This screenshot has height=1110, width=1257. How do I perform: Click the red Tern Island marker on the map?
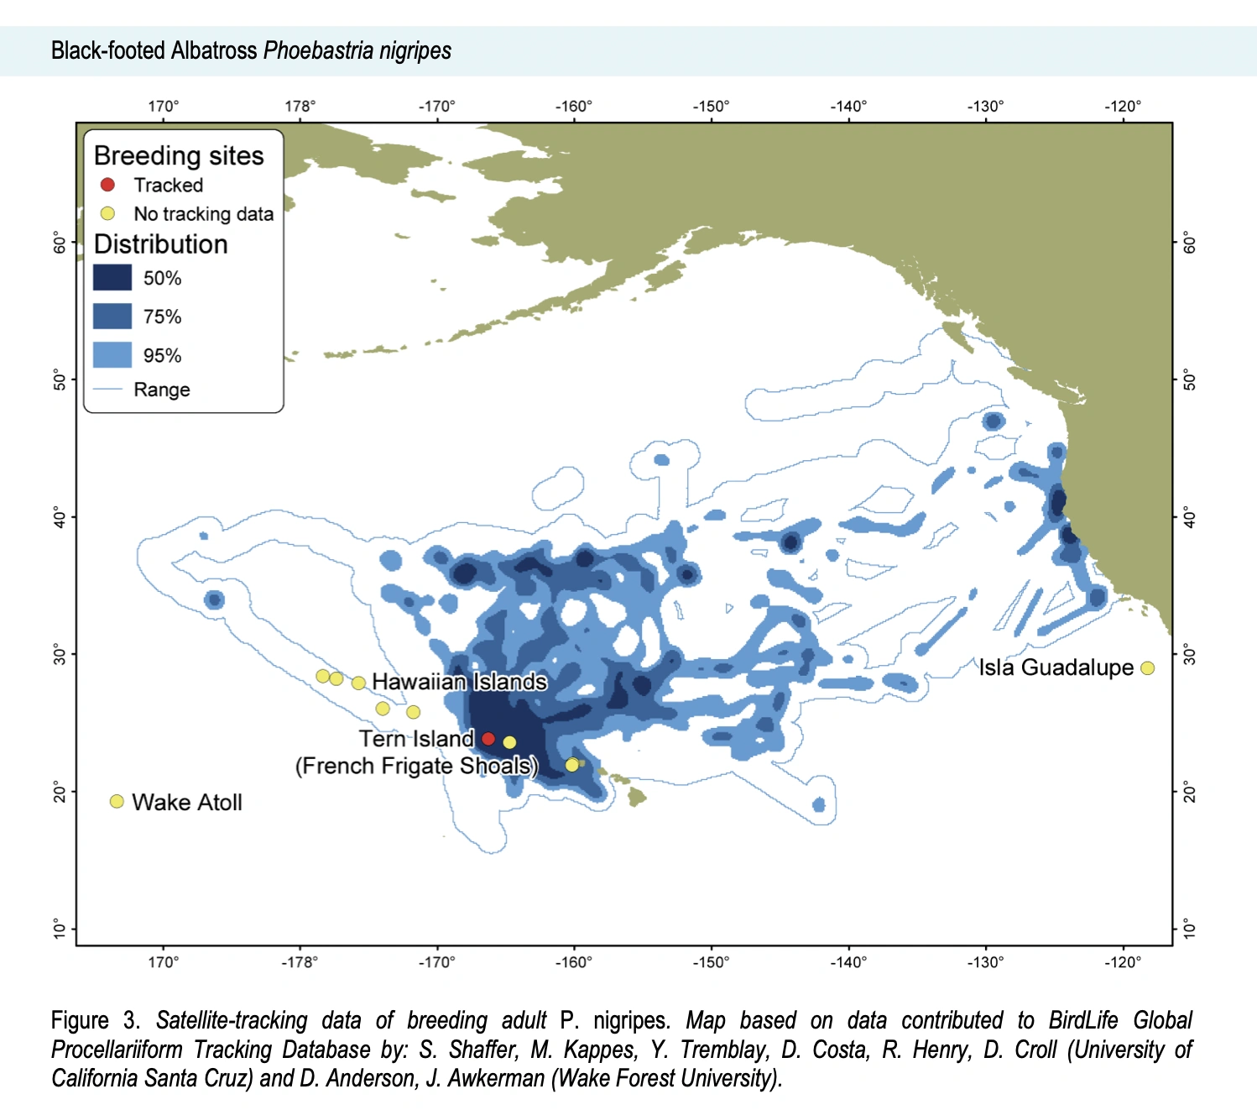point(488,739)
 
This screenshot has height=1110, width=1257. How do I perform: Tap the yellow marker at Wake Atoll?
point(117,802)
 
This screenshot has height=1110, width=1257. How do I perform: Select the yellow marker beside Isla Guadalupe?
point(1147,668)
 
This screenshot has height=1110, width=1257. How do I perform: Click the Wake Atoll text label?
point(187,803)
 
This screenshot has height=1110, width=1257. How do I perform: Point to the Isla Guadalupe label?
point(1056,668)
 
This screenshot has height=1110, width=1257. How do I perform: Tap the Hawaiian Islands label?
point(459,682)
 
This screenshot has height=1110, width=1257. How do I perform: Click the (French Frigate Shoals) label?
point(416,766)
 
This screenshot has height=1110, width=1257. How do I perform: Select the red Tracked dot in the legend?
point(107,185)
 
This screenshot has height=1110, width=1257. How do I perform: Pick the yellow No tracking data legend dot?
point(107,213)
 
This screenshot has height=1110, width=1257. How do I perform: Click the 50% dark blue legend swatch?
point(112,278)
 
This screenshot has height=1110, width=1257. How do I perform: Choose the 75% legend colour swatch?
point(112,317)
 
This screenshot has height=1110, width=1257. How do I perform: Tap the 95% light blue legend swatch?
point(112,355)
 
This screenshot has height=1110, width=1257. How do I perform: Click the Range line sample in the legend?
point(108,390)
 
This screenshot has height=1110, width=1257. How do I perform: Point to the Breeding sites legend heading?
point(179,156)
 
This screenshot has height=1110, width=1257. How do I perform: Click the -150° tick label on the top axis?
point(711,107)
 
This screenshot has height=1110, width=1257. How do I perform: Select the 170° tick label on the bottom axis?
point(164,962)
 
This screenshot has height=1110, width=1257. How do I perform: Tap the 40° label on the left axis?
point(60,516)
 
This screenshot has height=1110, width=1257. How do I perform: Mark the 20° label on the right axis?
point(1189,791)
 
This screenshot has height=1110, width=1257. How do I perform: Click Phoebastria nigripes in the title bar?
point(357,51)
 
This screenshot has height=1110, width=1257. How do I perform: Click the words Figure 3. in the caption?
point(96,1020)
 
